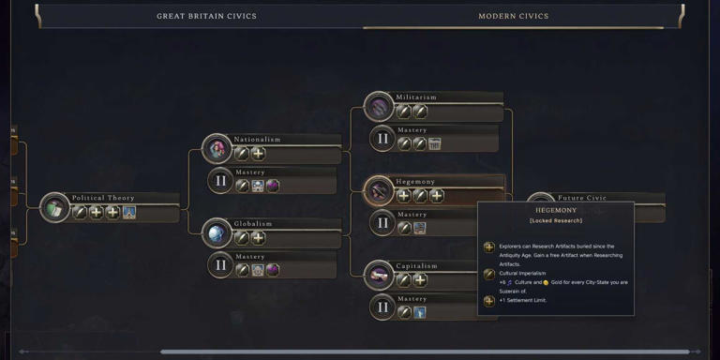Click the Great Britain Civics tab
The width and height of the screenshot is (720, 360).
coord(206,16)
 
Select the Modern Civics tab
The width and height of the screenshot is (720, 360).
coord(513,16)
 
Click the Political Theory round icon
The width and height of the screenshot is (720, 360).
coord(54,208)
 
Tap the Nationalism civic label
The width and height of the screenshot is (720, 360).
coord(257,140)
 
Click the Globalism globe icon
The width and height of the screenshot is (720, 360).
coord(217,233)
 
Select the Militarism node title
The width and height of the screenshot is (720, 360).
coord(416,97)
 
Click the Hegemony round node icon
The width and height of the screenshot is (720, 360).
coord(379,191)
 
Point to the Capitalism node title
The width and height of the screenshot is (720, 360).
coord(418,265)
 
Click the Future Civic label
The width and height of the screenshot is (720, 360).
coord(582,198)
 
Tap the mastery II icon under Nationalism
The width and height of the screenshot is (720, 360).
coord(221,181)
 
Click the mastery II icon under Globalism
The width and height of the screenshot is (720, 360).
coord(221,265)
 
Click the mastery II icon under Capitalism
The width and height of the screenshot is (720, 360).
coord(382,307)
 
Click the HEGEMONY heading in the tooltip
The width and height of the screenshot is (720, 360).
coord(556,211)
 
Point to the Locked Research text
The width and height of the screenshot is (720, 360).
coord(556,221)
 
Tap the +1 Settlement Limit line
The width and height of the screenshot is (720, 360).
coord(523,300)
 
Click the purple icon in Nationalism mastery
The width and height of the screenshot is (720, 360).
coord(273,186)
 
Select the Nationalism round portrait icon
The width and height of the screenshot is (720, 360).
coord(217,149)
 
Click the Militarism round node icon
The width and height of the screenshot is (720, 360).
coord(379,107)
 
